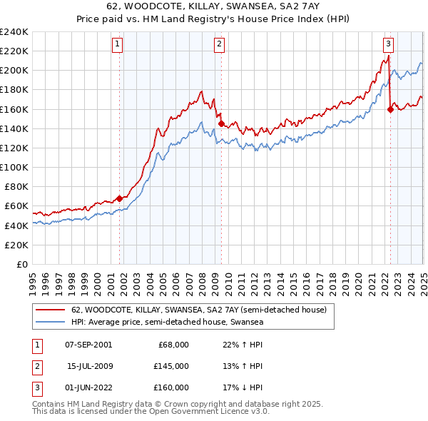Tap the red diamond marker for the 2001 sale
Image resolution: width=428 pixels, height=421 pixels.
tap(119, 198)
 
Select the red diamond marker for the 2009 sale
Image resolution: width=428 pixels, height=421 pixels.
tap(221, 123)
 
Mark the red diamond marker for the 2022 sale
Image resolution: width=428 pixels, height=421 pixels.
tap(390, 109)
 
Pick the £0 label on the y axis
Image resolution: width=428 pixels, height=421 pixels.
tap(21, 264)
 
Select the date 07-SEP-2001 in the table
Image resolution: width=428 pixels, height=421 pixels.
tap(88, 345)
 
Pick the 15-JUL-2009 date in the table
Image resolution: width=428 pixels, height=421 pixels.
tap(89, 366)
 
